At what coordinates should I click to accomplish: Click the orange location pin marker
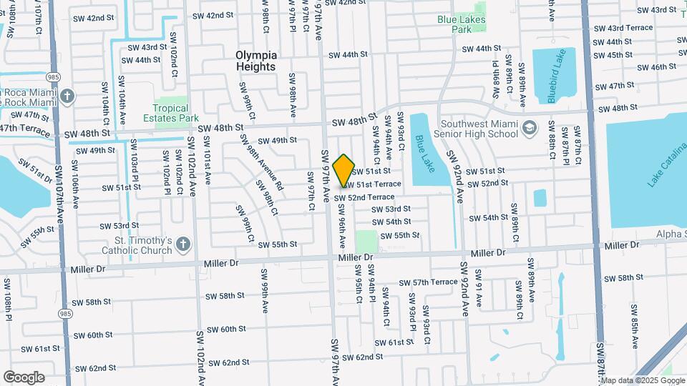[x=344, y=171]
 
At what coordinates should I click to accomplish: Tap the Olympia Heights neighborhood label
[x=255, y=61]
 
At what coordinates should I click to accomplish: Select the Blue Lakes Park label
[x=462, y=24]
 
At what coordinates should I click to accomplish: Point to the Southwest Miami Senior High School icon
[x=530, y=129]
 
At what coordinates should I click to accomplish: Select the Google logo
[x=24, y=377]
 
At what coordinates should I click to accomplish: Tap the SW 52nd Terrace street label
[x=365, y=197]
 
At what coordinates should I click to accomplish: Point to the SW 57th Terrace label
[x=428, y=282]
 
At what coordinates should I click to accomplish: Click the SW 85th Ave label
[x=634, y=331]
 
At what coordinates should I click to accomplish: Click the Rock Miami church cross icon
[x=67, y=96]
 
